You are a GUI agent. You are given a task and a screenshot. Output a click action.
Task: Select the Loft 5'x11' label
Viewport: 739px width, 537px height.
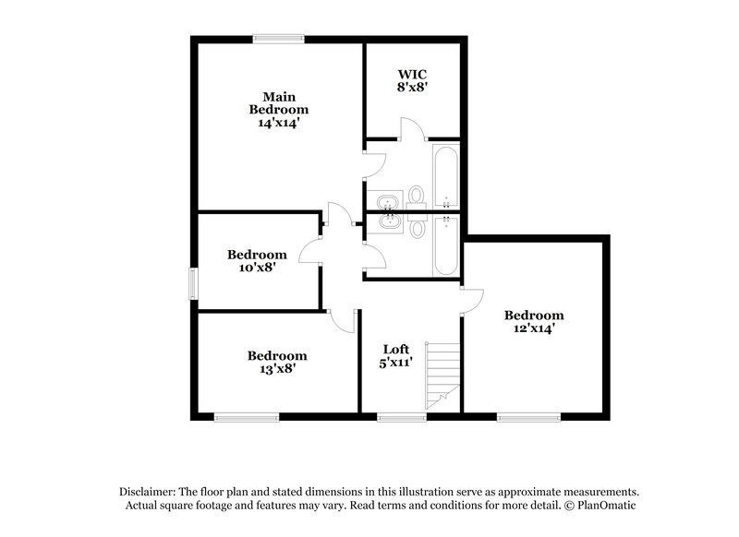pos(396,355)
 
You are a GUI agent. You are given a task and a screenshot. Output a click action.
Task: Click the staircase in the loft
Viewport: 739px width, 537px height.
pos(442,376)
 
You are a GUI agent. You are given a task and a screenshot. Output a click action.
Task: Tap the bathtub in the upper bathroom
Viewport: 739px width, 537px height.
pos(445,176)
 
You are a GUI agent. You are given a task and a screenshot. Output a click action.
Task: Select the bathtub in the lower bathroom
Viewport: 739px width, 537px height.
pos(445,245)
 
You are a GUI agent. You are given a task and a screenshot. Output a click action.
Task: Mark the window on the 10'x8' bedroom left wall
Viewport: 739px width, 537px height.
pos(193,283)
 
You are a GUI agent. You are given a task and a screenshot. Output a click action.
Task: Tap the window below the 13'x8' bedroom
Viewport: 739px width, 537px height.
pos(246,418)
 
